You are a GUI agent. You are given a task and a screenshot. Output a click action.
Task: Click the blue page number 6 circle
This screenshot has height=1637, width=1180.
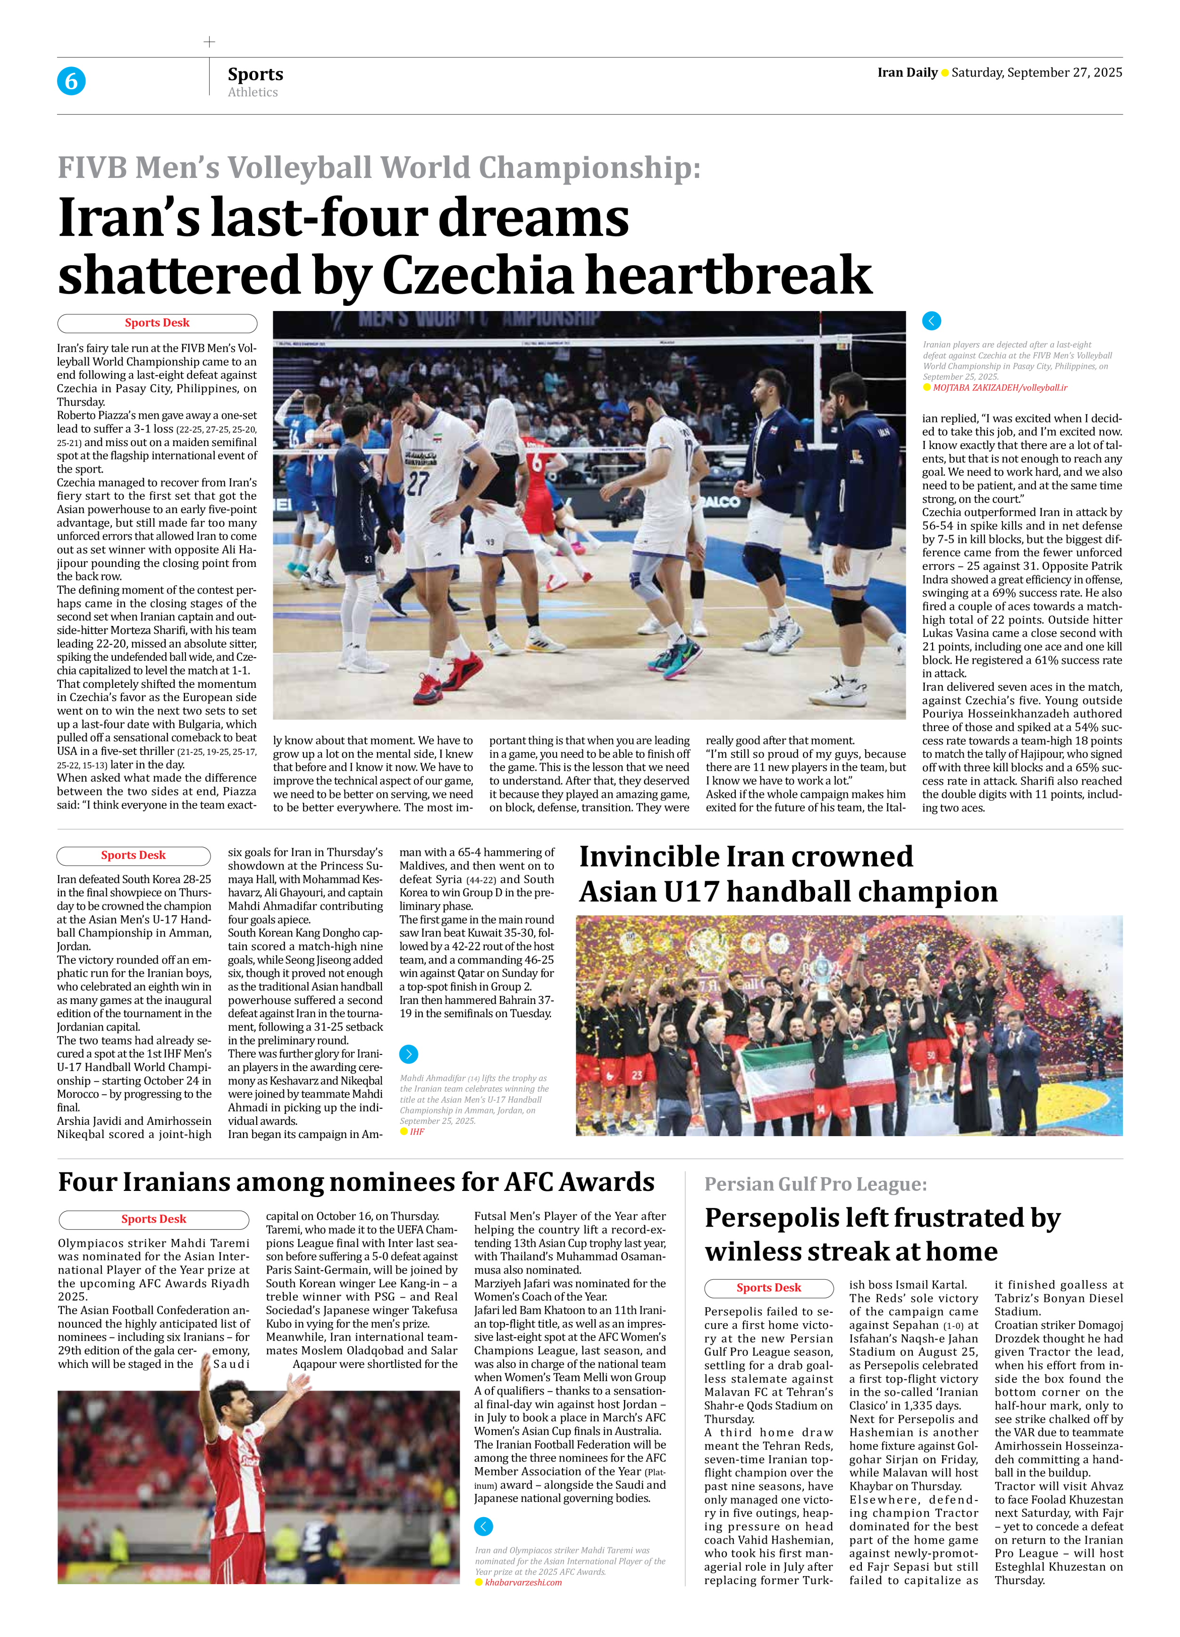[71, 81]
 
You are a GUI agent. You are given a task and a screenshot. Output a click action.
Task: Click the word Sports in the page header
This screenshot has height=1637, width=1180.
[255, 74]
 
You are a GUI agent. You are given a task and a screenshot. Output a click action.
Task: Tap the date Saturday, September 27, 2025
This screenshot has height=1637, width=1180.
[1037, 72]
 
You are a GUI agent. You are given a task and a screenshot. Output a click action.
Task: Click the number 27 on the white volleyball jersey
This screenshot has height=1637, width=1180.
[417, 483]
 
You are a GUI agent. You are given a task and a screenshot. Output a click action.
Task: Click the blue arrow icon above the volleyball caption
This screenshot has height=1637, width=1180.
[932, 321]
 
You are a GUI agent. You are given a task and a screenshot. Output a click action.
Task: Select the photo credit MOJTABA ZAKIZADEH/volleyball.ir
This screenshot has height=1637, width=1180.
[1000, 388]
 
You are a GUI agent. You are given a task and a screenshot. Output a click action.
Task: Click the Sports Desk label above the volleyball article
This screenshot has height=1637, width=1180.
[157, 323]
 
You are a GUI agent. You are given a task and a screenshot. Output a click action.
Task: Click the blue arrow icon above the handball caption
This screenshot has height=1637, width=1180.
[408, 1054]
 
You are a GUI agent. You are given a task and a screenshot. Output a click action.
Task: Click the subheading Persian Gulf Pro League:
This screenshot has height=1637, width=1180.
[816, 1184]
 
